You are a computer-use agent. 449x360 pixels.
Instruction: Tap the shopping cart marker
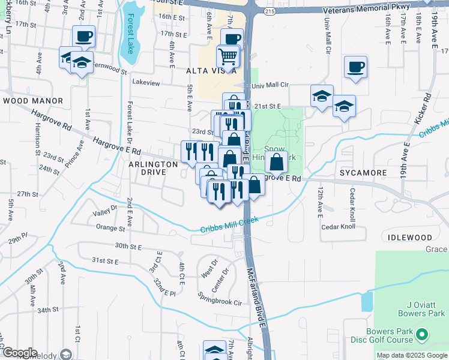click(228, 57)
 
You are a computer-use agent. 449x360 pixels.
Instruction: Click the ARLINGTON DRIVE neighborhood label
click(151, 167)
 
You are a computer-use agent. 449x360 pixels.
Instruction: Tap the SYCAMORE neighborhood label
click(363, 173)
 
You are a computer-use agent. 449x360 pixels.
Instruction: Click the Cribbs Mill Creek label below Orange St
click(229, 224)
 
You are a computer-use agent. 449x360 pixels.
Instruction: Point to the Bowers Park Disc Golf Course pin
click(422, 334)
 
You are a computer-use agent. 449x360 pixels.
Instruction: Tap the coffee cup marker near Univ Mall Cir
click(355, 67)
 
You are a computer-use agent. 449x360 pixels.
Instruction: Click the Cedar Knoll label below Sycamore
click(339, 227)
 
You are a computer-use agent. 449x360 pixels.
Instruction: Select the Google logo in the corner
click(20, 353)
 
